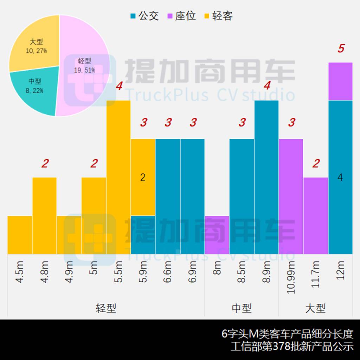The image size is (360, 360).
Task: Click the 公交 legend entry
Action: click(144, 16)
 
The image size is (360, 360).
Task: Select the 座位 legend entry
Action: click(181, 16)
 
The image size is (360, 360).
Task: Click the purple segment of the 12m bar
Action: click(340, 81)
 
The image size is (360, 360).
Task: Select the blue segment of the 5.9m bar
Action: click(143, 234)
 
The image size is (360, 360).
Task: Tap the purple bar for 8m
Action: click(217, 234)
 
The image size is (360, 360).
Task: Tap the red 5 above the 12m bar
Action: click(341, 49)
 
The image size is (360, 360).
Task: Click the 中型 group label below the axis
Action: click(242, 308)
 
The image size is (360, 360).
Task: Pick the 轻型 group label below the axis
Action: click(106, 308)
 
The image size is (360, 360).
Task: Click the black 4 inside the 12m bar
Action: click(340, 178)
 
